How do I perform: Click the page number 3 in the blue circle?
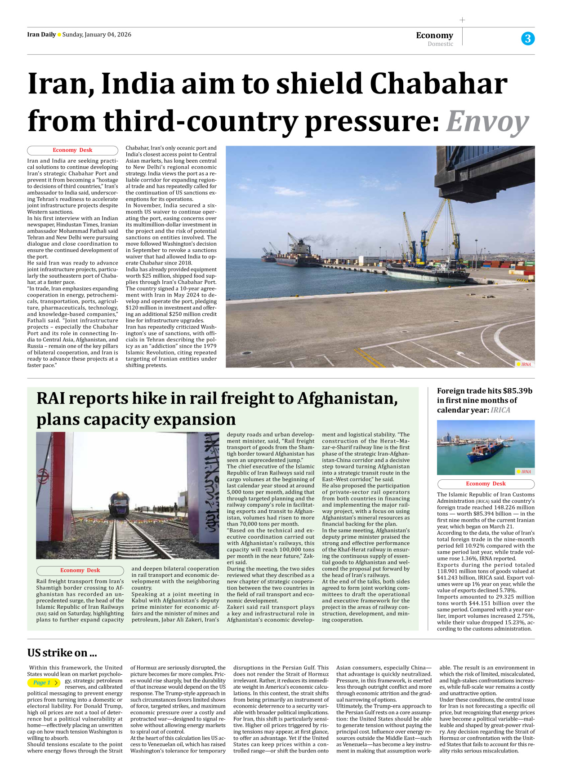coord(528,39)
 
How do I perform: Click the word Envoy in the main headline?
coord(487,121)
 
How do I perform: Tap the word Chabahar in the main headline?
coord(438,84)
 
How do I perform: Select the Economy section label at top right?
coord(434,35)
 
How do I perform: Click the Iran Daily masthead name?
coord(41,35)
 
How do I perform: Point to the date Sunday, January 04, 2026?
coord(97,35)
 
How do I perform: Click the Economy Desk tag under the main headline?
coord(72,150)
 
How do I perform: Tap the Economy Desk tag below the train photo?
coord(80,570)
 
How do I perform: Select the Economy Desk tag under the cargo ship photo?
coord(486,484)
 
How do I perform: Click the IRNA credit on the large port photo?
coord(525,364)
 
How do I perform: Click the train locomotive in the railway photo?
coord(119,503)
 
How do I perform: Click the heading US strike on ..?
coord(62,653)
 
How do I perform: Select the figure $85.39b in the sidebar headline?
coord(517,391)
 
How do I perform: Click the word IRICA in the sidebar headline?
coord(500,410)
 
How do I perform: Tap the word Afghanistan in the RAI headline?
coord(347,398)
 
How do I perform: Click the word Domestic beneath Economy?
coord(440,44)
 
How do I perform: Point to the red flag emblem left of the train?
coord(44,476)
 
